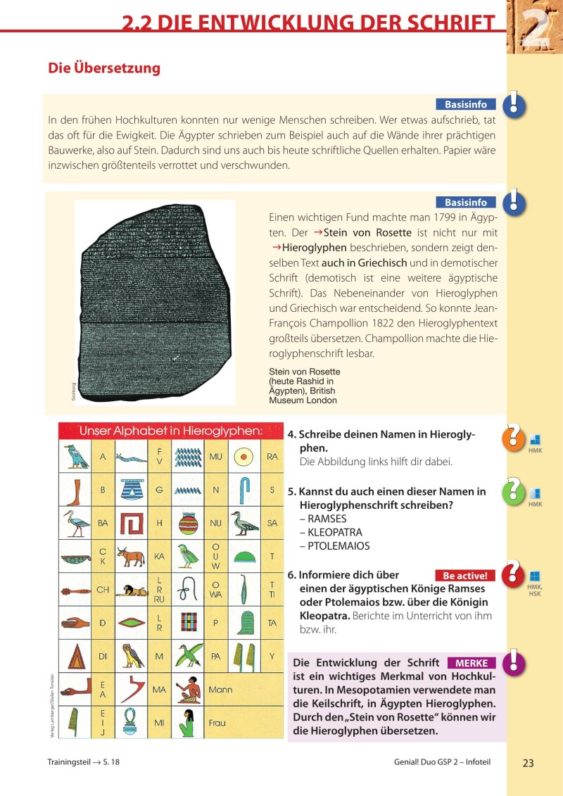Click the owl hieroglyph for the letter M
tap(132, 656)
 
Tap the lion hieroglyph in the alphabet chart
tap(132, 590)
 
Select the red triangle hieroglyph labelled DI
tap(75, 656)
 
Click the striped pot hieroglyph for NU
tap(188, 523)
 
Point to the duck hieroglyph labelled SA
tap(245, 523)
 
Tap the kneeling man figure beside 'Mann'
tap(188, 690)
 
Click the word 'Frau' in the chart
tap(217, 723)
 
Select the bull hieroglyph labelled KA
tap(132, 556)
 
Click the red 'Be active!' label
tap(464, 576)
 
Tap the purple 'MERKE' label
tap(472, 663)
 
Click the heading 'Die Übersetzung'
tap(104, 68)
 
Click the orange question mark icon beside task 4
tap(513, 437)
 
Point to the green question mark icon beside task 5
tap(513, 491)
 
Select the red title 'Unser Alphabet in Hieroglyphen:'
tap(171, 431)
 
